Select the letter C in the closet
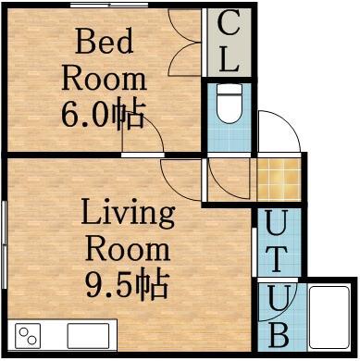pos(228,26)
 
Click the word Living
pos(127,215)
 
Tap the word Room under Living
pos(127,249)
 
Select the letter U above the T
pos(276,223)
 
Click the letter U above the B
pos(276,298)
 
